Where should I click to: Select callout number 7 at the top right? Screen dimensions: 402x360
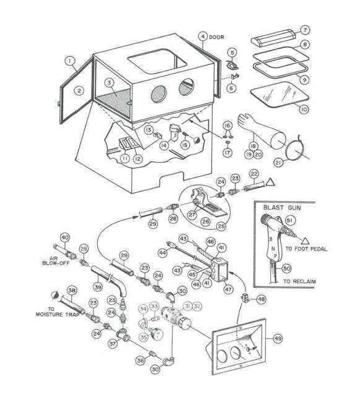tap(305, 29)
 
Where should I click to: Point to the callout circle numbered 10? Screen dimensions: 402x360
tap(303, 110)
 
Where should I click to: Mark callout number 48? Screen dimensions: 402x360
tap(262, 299)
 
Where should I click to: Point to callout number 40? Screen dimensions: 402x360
tap(64, 237)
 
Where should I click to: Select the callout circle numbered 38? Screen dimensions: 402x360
tap(72, 291)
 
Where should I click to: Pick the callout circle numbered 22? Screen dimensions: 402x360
tap(254, 175)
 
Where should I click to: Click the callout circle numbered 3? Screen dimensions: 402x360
tap(109, 82)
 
